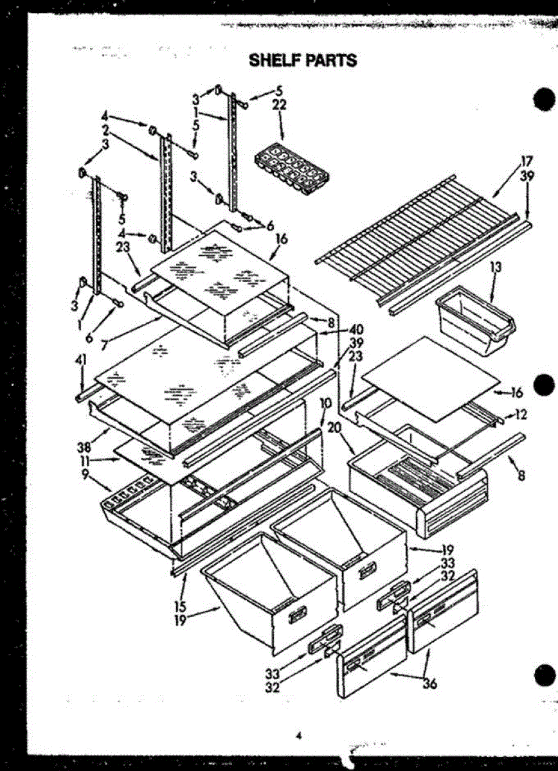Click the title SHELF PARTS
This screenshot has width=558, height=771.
click(302, 60)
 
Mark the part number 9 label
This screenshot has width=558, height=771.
click(84, 475)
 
